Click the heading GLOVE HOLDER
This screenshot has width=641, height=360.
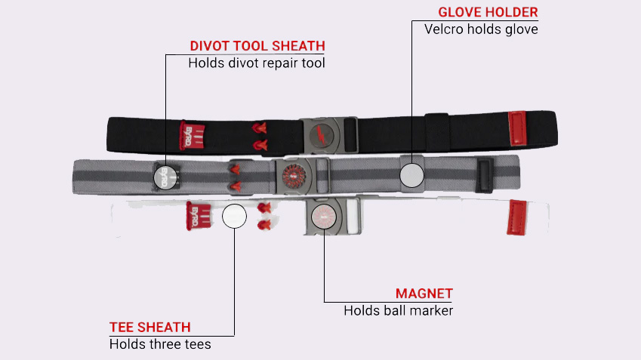point(488,13)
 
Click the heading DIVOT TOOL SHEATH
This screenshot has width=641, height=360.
point(257,46)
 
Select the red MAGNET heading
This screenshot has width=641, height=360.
point(424,294)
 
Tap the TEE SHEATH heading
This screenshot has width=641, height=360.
point(149,327)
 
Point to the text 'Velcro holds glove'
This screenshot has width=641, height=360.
point(481,29)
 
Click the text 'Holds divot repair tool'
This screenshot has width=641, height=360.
point(257,63)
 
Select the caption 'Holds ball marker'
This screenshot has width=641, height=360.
point(398,310)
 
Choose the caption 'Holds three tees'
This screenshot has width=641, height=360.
point(159,344)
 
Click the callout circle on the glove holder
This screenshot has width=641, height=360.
point(411,174)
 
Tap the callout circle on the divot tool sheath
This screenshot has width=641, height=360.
point(165,177)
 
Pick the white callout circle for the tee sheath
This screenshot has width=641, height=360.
point(234,216)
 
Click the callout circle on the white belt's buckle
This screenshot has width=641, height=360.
point(324,216)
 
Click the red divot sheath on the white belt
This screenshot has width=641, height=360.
point(196,216)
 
